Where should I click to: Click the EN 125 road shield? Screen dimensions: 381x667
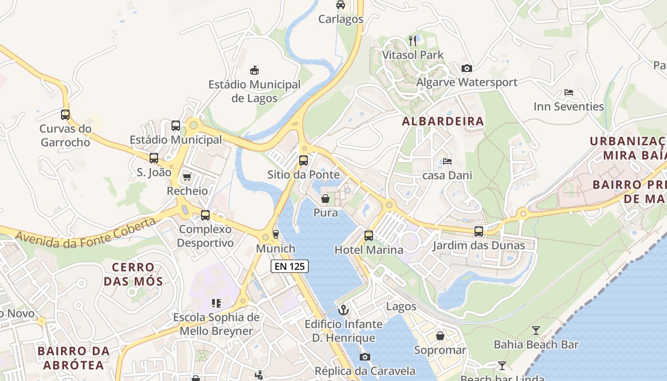point(290,266)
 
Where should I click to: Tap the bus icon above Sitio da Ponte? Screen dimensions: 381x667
point(303,160)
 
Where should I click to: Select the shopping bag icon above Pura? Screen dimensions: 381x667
point(325,199)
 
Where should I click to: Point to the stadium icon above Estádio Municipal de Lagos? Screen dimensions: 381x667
point(255,70)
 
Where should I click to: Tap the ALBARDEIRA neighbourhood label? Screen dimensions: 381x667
point(443,121)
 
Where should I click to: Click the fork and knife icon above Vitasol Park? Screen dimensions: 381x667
point(413,41)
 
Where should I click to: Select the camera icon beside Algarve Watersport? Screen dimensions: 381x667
point(467,68)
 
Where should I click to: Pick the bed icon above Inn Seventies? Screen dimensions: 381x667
point(568,92)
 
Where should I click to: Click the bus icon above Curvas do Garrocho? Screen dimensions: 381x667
point(65,115)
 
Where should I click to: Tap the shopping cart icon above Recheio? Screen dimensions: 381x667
point(187,177)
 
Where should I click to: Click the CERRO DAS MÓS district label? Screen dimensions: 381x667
point(133,274)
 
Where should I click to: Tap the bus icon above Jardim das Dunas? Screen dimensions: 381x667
point(479,231)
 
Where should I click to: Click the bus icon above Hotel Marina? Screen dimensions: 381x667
point(369,235)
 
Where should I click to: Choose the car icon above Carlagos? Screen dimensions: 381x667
point(341,5)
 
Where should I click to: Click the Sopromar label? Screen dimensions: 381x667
point(440,351)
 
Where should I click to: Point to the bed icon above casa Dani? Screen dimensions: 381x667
point(447,161)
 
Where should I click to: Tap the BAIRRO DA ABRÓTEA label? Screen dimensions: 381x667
point(73,358)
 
